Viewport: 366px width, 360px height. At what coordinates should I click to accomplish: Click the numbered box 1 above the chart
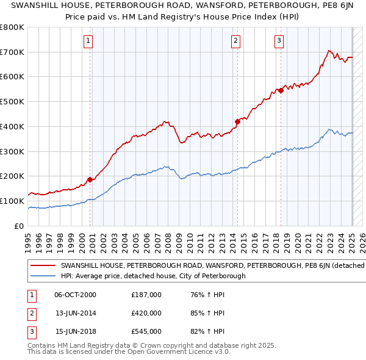[88, 41]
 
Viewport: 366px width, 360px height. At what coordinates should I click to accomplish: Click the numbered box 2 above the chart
[235, 41]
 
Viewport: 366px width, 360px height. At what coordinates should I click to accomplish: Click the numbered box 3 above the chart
[279, 41]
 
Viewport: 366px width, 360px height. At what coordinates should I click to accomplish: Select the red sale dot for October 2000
[90, 179]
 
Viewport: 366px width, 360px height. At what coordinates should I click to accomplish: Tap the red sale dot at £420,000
[237, 121]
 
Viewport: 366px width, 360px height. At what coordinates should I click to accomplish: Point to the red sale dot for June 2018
[281, 90]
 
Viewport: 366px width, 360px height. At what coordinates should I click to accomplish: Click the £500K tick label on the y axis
[12, 102]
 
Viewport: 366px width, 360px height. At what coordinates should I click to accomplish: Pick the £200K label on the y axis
[12, 176]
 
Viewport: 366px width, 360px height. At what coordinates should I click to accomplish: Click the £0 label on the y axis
[19, 226]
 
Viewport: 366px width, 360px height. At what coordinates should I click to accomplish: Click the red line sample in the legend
[43, 265]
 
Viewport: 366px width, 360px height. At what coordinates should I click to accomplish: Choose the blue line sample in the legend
[43, 276]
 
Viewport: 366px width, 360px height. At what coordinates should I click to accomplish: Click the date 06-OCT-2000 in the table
[75, 295]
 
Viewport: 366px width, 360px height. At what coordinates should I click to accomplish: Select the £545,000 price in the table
[146, 331]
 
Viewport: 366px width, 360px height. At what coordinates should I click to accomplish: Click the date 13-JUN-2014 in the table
[75, 313]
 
